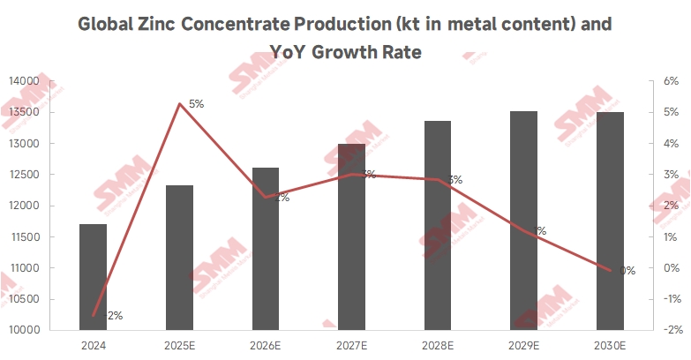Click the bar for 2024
click(x=93, y=277)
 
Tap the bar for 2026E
click(x=266, y=249)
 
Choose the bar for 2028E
click(x=438, y=225)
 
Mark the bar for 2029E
click(x=524, y=221)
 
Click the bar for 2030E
click(x=610, y=221)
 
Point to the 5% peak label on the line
click(x=196, y=103)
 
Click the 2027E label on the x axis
click(x=351, y=345)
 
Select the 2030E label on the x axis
click(x=610, y=345)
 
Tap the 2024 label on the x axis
click(x=93, y=345)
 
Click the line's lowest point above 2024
click(x=93, y=315)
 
